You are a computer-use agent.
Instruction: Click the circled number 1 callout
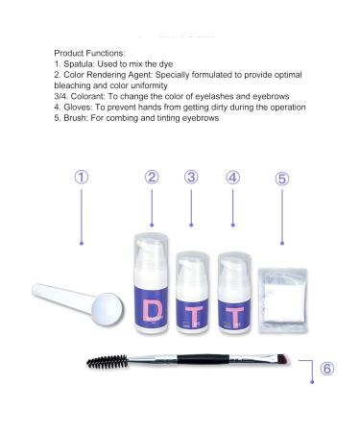83,178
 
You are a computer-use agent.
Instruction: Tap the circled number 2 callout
152,177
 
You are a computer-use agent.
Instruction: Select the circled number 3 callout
192,177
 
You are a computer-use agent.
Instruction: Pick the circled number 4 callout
232,177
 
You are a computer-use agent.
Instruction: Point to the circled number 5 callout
281,179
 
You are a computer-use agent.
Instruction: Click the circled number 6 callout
326,369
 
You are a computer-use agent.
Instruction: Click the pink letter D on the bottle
151,310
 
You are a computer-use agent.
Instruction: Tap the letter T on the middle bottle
192,314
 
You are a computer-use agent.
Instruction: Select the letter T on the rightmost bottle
232,314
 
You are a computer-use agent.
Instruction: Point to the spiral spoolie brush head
107,364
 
